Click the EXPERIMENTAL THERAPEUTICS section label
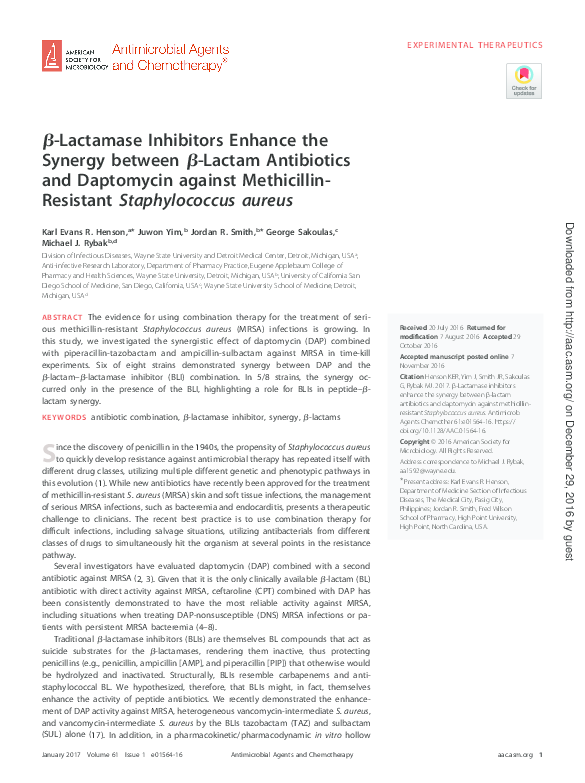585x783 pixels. [x=475, y=45]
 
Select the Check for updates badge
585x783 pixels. [x=523, y=81]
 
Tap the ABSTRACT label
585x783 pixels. [x=62, y=317]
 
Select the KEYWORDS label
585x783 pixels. [x=64, y=416]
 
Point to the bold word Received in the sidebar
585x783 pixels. [x=412, y=328]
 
